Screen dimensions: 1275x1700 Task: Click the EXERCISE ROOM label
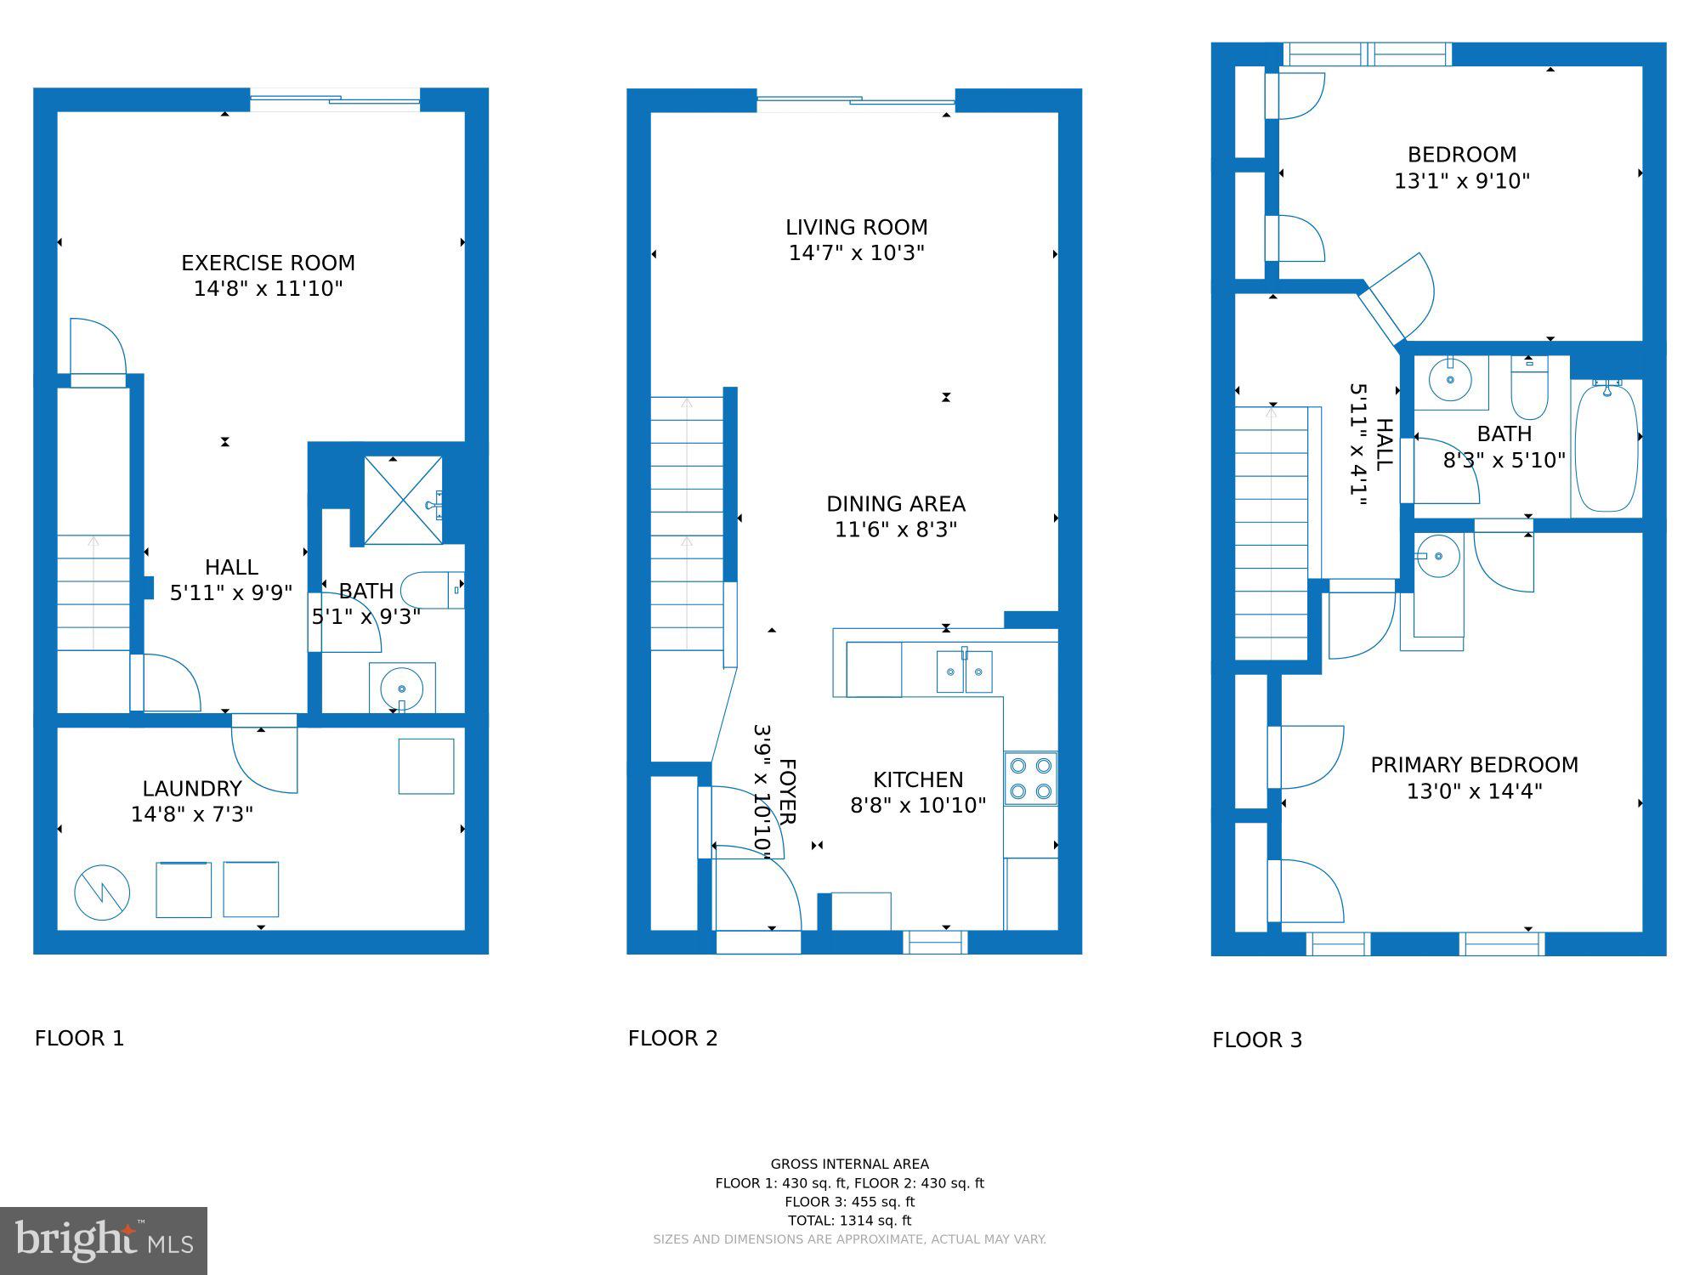tap(268, 263)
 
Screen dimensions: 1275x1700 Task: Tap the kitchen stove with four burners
tap(1030, 779)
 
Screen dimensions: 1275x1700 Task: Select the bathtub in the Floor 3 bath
tap(1606, 447)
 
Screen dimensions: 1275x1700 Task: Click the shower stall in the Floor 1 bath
tap(403, 501)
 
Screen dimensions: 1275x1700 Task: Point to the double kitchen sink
tap(964, 671)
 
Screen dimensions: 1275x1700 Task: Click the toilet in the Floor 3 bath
tap(1529, 388)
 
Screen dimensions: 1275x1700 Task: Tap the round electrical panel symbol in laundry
tap(102, 892)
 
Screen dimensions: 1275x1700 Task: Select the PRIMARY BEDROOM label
tap(1474, 765)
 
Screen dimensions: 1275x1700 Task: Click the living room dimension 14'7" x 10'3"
tap(856, 253)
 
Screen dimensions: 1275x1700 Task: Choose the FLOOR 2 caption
tap(672, 1038)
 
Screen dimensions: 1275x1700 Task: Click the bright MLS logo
tap(103, 1240)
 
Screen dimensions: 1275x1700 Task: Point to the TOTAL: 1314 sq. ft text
tap(849, 1221)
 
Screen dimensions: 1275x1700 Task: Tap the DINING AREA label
tap(895, 504)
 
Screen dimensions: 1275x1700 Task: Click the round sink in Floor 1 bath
tap(401, 688)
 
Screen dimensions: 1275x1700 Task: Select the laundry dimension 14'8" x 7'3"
tap(192, 814)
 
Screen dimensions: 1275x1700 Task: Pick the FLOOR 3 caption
tap(1256, 1040)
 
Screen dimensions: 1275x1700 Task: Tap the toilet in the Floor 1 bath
tap(432, 590)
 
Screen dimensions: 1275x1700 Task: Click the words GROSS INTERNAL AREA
tap(849, 1164)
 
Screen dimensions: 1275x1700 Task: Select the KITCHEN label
tap(918, 779)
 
